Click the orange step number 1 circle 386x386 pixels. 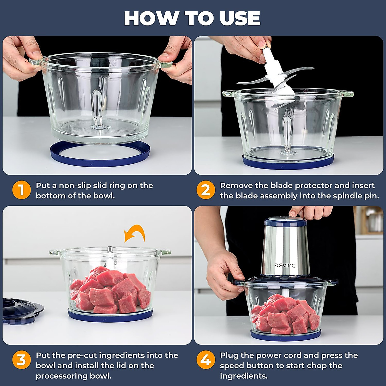point(22,190)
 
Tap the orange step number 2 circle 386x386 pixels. point(206,190)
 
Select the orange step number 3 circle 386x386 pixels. point(22,360)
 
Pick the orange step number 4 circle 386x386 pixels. point(206,360)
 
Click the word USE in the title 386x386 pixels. point(240,18)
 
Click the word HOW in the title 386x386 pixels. point(152,18)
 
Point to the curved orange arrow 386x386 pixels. point(134,233)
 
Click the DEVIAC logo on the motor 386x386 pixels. point(285,266)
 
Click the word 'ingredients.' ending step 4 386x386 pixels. point(244,376)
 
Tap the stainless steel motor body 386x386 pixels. point(284,250)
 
